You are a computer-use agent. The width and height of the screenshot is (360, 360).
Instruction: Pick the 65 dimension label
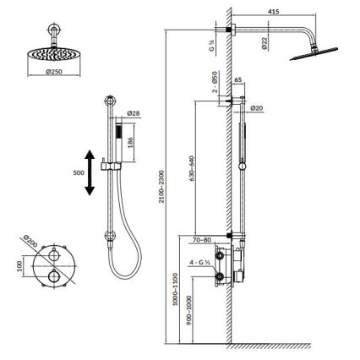click(x=238, y=79)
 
